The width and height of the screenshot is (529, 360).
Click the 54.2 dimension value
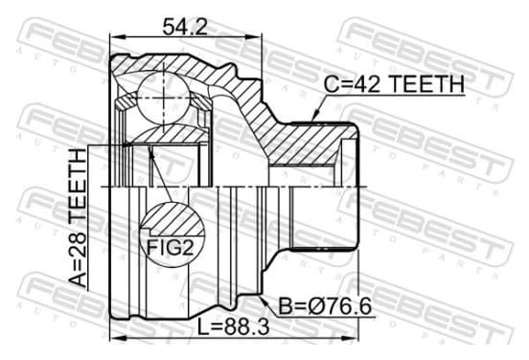185,27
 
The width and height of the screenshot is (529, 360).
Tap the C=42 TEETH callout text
394,84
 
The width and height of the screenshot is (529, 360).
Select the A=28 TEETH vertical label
78,218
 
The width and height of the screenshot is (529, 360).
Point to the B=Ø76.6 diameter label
326,306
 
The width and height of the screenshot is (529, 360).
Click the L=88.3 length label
233,327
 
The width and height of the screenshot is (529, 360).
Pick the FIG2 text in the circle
171,248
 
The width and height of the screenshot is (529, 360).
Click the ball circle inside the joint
163,98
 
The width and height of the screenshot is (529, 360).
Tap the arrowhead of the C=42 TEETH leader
316,115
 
